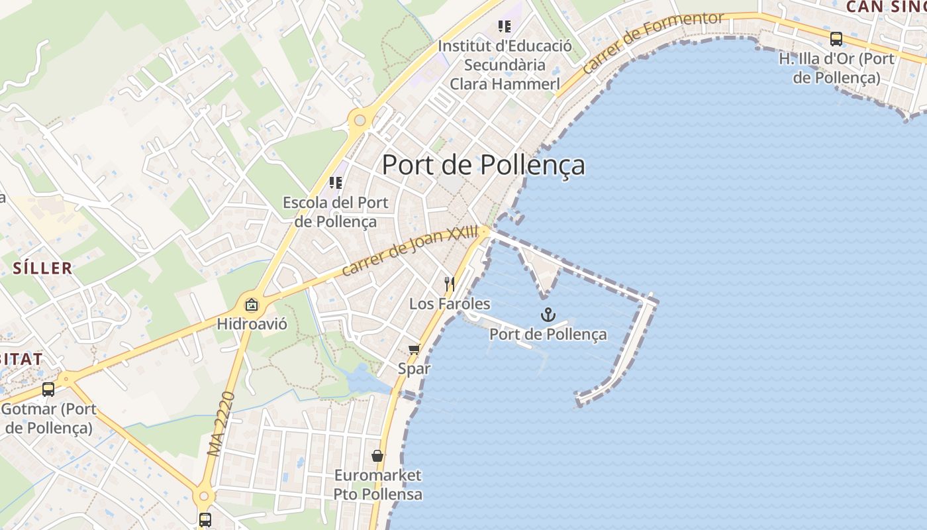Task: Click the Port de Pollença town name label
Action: pos(483,165)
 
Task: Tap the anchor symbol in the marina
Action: pos(548,315)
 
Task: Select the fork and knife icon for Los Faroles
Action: pos(450,284)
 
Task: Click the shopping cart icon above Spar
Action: pos(414,349)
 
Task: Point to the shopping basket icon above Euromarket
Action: pos(377,456)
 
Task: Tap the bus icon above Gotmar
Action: pos(48,390)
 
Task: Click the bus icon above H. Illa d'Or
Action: pos(836,39)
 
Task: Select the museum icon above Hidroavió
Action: pos(252,305)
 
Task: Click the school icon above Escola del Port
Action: pos(336,182)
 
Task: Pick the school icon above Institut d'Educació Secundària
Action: pos(505,26)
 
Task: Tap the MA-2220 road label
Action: pos(221,424)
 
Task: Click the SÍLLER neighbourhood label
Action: pos(42,268)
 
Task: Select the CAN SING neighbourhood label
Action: pos(886,7)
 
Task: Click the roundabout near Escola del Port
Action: pos(360,121)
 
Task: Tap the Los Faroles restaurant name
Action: pos(450,304)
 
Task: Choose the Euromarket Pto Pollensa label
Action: pos(377,485)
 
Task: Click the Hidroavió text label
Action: pos(252,325)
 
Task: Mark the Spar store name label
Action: pos(414,368)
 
